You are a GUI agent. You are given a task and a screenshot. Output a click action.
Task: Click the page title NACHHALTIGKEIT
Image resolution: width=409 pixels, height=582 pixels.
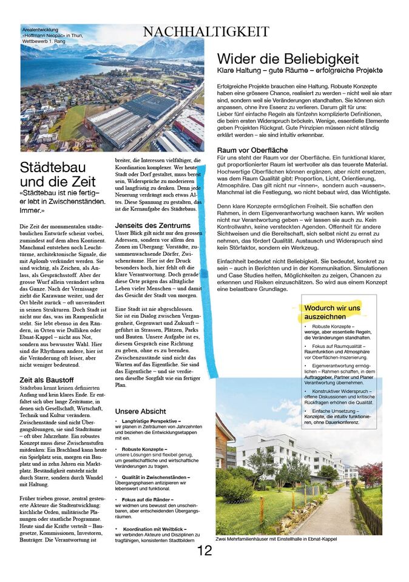pyautogui.click(x=206, y=32)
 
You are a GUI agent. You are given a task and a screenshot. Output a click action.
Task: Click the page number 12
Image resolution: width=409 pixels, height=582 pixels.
pyautogui.click(x=204, y=550)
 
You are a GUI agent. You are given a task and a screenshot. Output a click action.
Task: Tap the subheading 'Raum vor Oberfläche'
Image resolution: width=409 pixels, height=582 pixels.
pyautogui.click(x=252, y=150)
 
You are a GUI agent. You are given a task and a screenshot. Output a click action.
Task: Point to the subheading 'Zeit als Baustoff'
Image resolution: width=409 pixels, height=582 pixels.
pyautogui.click(x=47, y=380)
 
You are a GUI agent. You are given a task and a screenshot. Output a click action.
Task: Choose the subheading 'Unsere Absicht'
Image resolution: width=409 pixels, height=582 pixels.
pyautogui.click(x=140, y=411)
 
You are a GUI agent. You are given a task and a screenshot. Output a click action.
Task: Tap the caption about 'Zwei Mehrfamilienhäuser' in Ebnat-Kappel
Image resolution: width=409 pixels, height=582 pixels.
pyautogui.click(x=276, y=539)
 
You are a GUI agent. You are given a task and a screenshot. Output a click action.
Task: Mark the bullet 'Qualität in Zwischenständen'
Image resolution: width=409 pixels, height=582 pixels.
pyautogui.click(x=155, y=477)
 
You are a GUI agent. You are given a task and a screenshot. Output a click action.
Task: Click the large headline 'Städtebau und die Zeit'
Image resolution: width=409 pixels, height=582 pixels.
pyautogui.click(x=58, y=174)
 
